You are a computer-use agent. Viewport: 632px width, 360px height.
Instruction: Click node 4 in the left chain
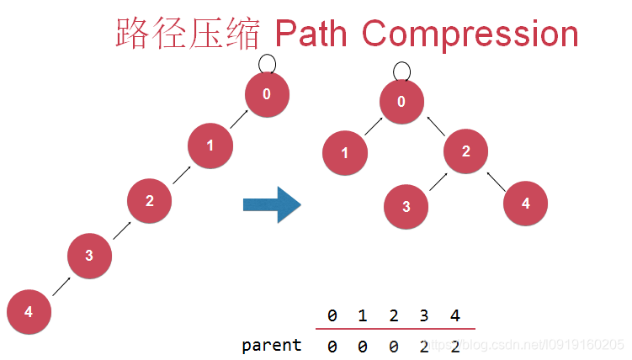coord(29,312)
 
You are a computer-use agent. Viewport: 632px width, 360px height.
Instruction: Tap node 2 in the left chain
coord(150,200)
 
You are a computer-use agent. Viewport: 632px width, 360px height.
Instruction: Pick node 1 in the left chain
coord(210,145)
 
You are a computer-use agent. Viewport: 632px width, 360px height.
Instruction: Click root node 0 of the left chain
coord(268,94)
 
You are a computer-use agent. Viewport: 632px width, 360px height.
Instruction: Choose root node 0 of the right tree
coord(401,102)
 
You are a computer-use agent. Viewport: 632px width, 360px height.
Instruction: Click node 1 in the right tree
coord(345,153)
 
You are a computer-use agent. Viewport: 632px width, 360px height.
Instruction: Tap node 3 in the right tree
coord(406,206)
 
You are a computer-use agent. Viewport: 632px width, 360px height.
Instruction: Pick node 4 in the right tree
coord(526,203)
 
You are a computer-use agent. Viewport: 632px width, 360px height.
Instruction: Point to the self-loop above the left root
coord(267,63)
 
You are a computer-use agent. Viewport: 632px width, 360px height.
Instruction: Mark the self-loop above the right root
coord(401,71)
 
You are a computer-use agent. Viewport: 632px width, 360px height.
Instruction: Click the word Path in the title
coord(311,34)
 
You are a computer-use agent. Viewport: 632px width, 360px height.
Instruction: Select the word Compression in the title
coord(470,34)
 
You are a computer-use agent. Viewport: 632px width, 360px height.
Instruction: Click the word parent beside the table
coord(271,345)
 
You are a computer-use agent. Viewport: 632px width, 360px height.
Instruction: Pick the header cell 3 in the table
coord(423,316)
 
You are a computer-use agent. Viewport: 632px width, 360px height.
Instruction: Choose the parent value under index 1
coord(363,345)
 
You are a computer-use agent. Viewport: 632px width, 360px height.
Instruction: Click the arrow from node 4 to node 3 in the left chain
coord(60,284)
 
